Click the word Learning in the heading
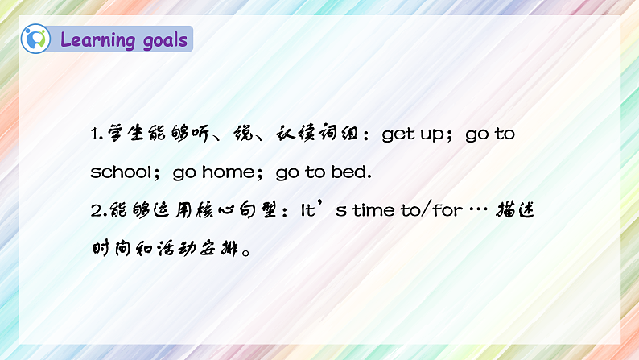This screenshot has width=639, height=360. [x=98, y=39]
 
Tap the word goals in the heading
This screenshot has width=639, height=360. [x=162, y=40]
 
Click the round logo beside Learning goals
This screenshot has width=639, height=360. [x=36, y=38]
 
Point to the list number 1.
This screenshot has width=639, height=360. [x=95, y=134]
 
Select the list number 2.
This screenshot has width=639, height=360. [x=95, y=210]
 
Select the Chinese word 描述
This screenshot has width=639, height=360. [x=515, y=210]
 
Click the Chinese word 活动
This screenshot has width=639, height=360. [x=167, y=248]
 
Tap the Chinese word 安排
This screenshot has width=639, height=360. [x=216, y=248]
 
